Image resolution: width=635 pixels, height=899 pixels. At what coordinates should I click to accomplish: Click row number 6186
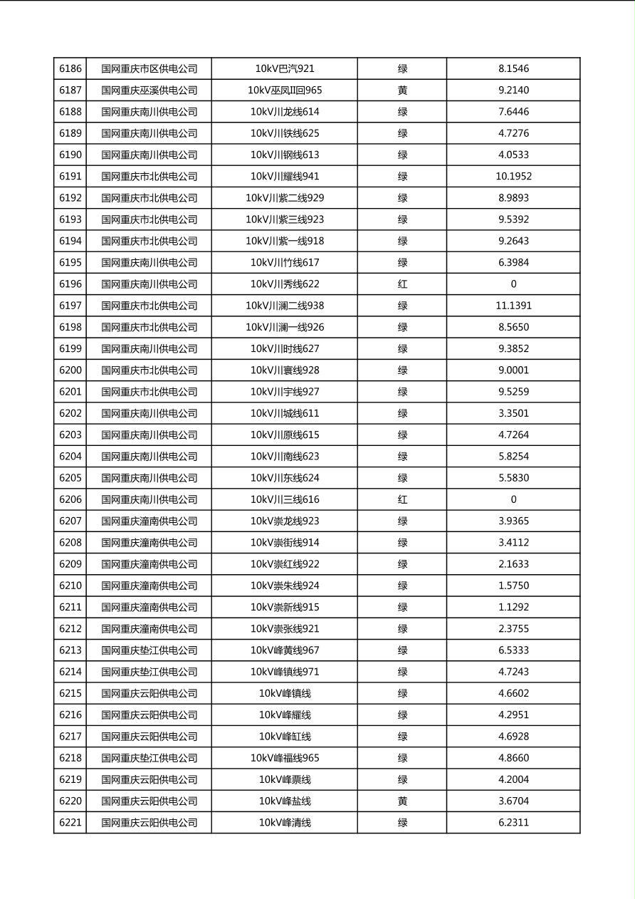(x=70, y=69)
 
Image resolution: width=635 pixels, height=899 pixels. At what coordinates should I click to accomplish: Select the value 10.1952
(x=513, y=177)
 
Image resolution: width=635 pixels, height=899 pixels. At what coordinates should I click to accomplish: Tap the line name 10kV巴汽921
(x=285, y=69)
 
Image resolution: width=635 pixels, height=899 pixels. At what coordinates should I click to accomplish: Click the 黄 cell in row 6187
(x=402, y=90)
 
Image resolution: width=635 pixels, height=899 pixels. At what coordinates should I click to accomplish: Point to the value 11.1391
(x=513, y=306)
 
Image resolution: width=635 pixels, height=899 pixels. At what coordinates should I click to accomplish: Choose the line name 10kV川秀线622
(x=285, y=284)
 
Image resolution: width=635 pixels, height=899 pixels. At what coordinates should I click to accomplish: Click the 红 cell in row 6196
(x=402, y=284)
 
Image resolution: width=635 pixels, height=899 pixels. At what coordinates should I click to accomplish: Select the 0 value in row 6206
(x=513, y=499)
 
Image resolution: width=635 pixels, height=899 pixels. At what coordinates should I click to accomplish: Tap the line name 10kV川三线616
(x=285, y=499)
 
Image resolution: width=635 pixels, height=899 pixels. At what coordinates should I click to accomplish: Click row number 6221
(x=70, y=823)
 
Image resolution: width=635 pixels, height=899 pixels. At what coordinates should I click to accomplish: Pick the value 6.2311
(x=513, y=823)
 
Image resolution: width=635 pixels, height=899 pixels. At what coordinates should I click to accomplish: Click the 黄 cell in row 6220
(x=402, y=801)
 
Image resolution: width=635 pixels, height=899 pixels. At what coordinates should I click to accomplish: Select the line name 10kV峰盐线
(x=285, y=801)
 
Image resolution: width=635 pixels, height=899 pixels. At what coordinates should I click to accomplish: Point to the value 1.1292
(x=513, y=608)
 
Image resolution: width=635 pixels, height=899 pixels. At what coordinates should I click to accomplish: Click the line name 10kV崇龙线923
(x=285, y=521)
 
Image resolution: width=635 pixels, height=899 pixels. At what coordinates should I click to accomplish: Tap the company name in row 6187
(x=149, y=90)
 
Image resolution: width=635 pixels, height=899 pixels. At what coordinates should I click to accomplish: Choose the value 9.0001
(x=513, y=370)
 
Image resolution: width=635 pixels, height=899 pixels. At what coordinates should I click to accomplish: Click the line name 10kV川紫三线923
(x=285, y=219)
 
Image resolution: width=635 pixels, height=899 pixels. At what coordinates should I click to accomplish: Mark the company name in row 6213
(x=149, y=650)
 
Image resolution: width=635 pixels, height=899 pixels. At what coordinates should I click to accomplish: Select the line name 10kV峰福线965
(x=285, y=758)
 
